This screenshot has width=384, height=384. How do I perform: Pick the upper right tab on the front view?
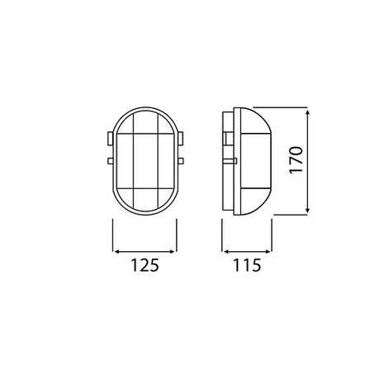coord(181,134)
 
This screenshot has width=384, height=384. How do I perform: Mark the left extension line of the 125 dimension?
coord(111,235)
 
